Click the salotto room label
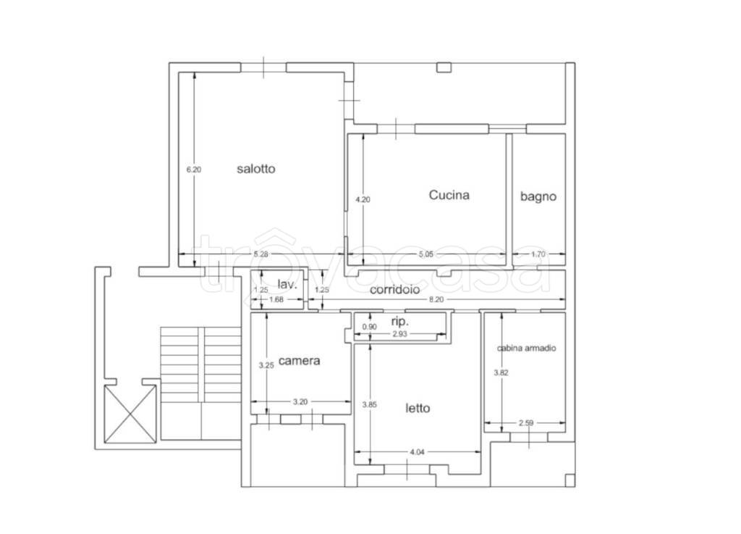[x=255, y=169]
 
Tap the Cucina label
[x=449, y=195]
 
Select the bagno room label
[x=538, y=197]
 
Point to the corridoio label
[x=394, y=290]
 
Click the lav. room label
[x=287, y=284]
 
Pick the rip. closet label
[x=399, y=322]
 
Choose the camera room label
[x=299, y=361]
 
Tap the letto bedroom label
[x=418, y=408]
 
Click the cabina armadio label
[x=526, y=348]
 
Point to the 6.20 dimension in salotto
[x=193, y=170]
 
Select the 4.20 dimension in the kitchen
[x=363, y=199]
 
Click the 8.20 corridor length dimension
[x=436, y=299]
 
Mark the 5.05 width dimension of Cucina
[x=425, y=254]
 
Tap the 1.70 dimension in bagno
[x=538, y=254]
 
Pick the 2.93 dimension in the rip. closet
[x=399, y=334]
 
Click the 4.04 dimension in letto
[x=417, y=452]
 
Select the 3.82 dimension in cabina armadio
[x=501, y=372]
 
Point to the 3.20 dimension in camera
[x=300, y=402]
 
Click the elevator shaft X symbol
[x=130, y=414]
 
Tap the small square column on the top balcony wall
[x=444, y=67]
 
